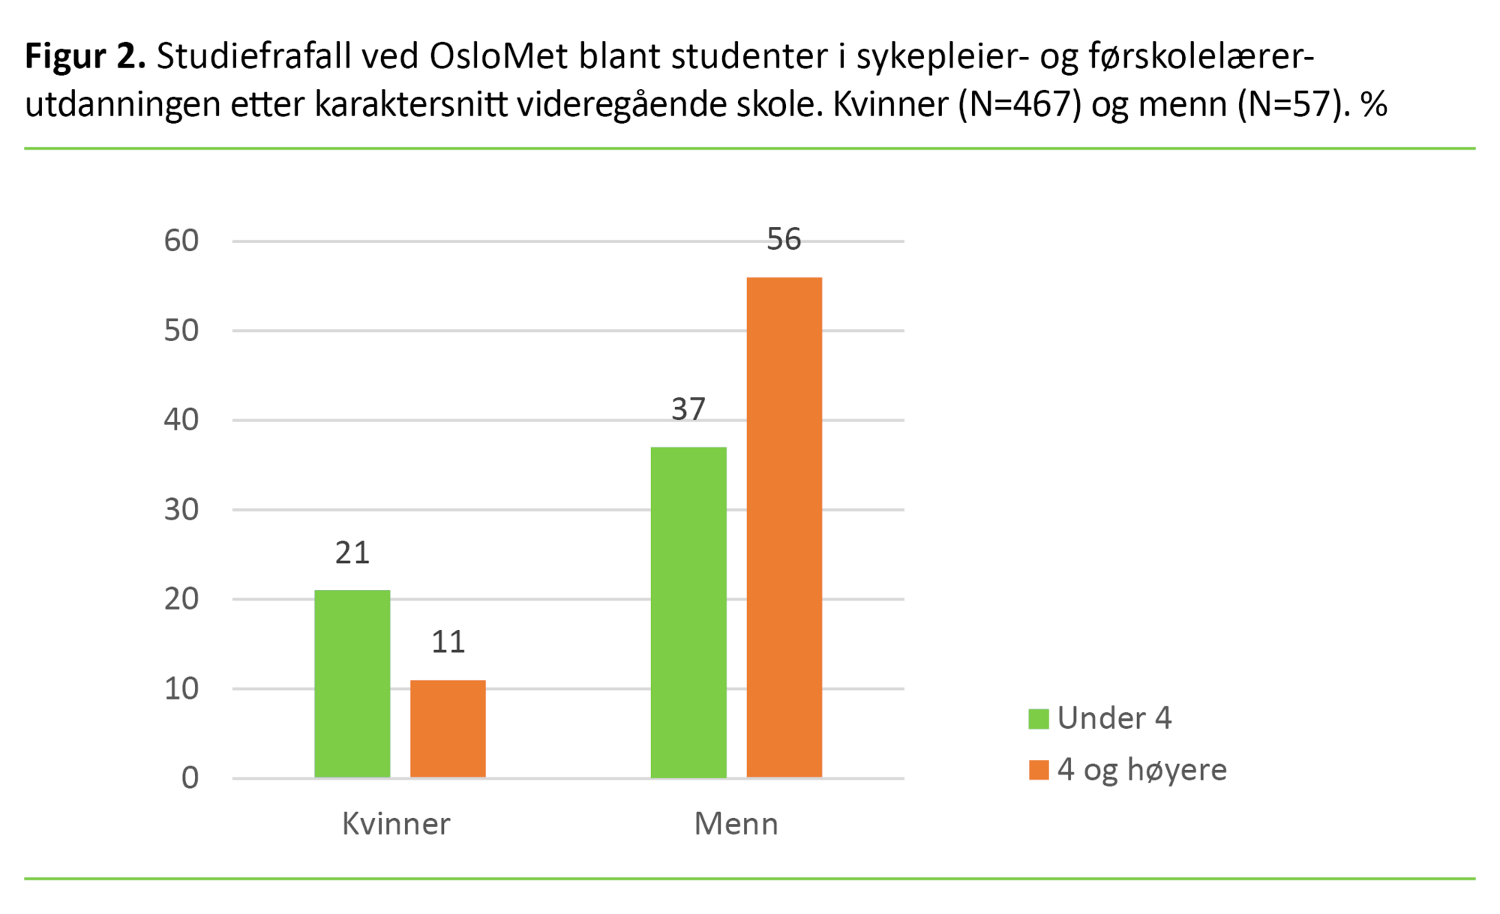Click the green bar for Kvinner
352,683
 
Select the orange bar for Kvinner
448,728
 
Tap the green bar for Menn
688,612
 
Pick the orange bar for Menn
784,527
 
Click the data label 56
784,239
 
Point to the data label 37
688,409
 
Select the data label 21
352,553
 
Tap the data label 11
448,643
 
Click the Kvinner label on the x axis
396,824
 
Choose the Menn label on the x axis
736,824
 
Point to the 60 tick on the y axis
181,241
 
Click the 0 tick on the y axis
190,778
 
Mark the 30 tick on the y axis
181,510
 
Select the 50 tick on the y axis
181,331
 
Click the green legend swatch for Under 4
1038,719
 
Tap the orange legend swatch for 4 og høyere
1038,770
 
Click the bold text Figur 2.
85,57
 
